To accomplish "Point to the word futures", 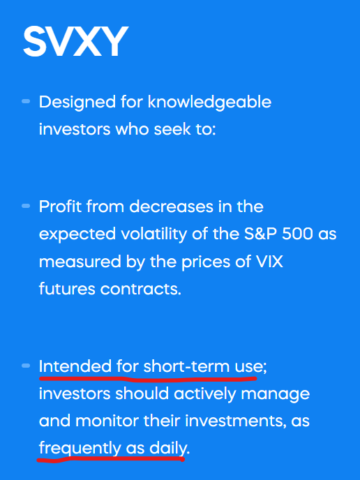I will pyautogui.click(x=68, y=288).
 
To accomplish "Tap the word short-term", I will pyautogui.click(x=187, y=366).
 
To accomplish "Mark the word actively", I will pyautogui.click(x=202, y=393).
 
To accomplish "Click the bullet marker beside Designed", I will pyautogui.click(x=26, y=102).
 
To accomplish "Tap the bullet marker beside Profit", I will pyautogui.click(x=26, y=207).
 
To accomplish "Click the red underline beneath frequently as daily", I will pyautogui.click(x=112, y=460).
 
